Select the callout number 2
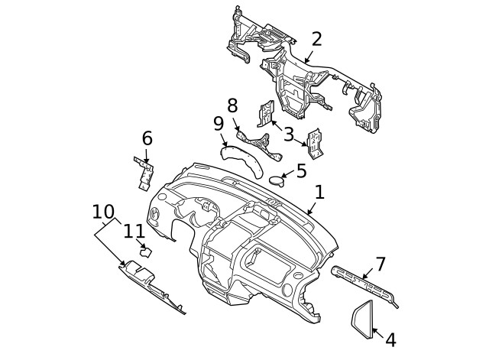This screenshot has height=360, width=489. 316,40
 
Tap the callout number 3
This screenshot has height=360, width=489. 289,135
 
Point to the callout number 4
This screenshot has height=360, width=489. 390,339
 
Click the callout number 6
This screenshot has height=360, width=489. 147,138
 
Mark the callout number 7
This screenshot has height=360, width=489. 380,264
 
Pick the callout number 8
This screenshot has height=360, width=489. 232,105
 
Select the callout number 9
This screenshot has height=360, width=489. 218,124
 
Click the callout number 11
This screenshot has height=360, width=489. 134,231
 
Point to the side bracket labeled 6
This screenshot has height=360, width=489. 143,174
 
